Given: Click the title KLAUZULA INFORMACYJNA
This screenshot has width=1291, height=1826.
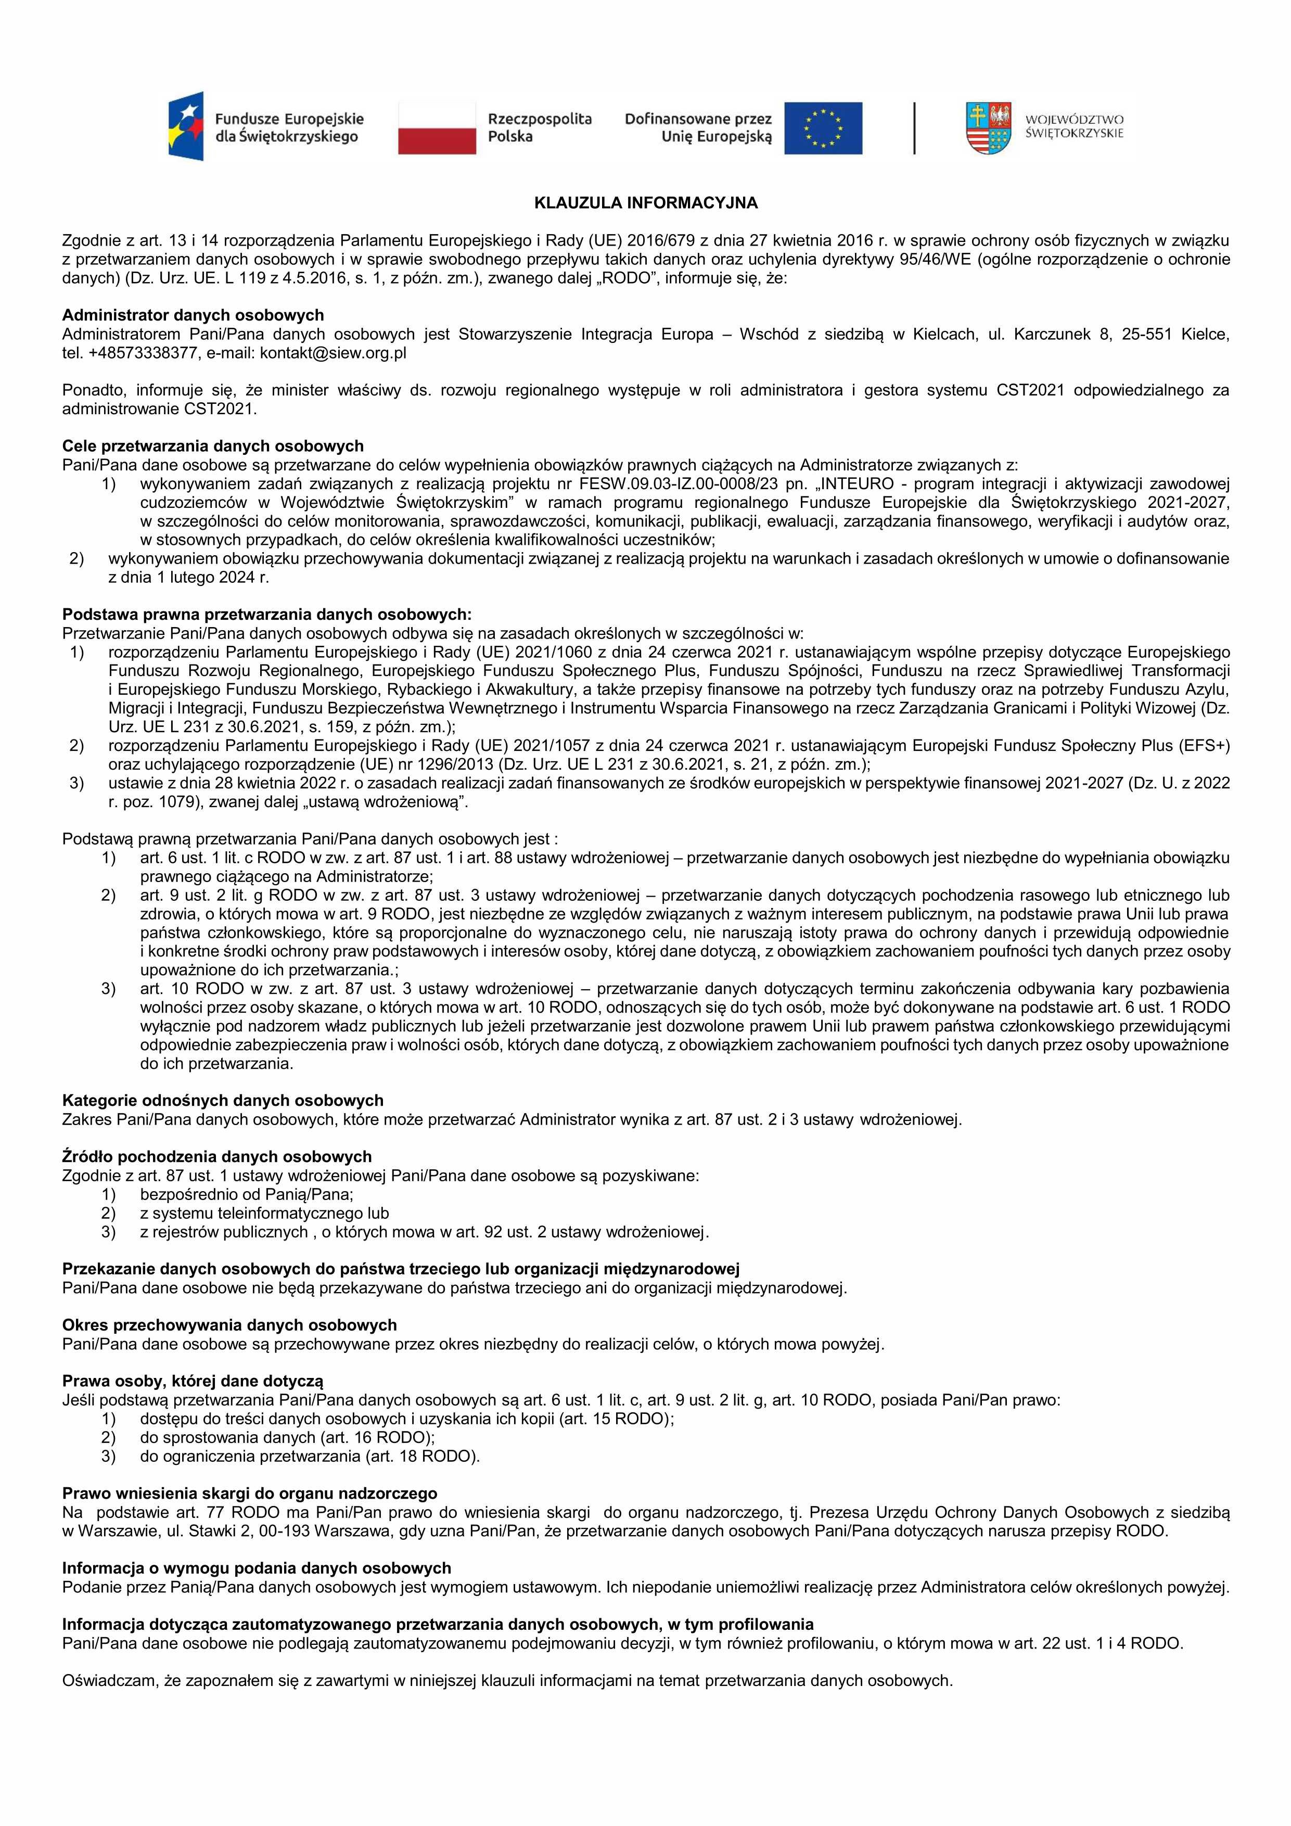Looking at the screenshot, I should point(645,203).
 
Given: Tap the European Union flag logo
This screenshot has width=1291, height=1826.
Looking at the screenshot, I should point(823,128).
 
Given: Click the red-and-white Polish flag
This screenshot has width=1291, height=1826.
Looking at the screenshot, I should point(437,128).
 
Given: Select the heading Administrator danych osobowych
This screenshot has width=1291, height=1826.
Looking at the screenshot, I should point(193,315).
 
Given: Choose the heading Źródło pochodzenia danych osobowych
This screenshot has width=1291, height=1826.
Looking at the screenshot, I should point(216,1156).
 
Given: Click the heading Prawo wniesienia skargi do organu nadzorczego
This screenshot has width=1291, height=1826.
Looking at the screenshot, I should point(250,1493).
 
